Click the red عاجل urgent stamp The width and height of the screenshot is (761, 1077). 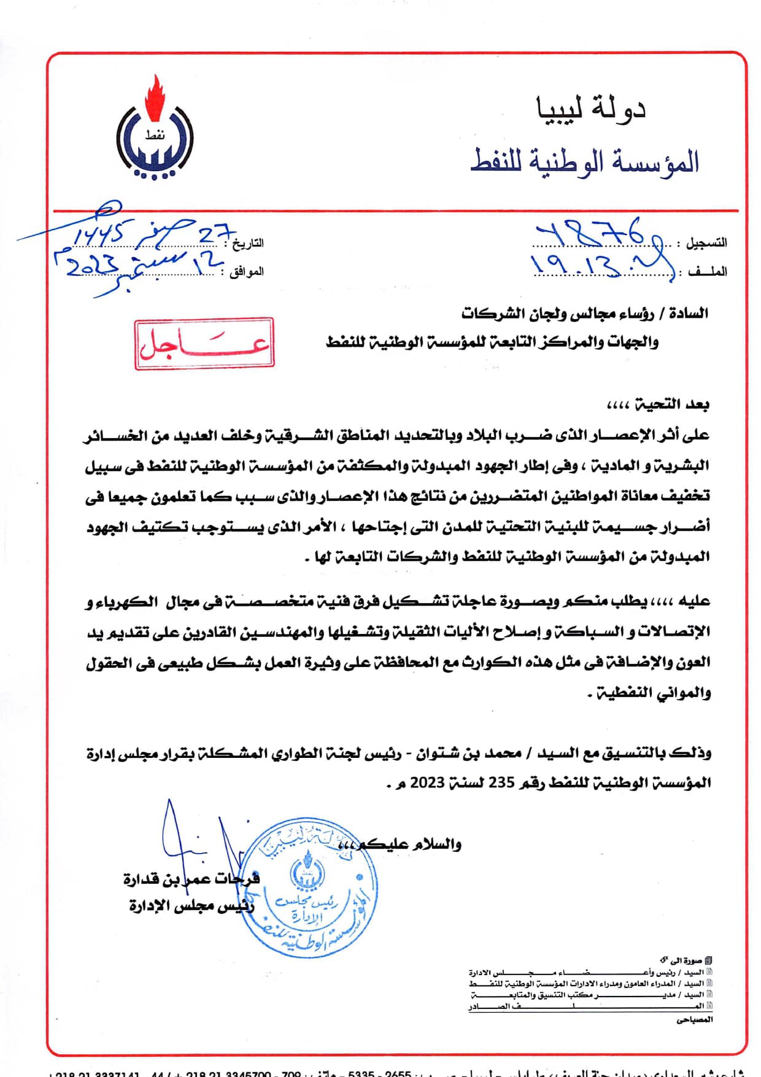coord(204,344)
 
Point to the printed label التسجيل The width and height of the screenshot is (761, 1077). coord(706,243)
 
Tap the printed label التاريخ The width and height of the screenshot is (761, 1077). coord(248,243)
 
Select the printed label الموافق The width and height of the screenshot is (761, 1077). coord(246,271)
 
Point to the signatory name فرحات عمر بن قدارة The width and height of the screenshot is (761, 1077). coord(191,879)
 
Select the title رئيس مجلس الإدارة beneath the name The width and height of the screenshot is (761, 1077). coord(191,906)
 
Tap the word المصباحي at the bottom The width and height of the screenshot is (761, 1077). coord(695,1019)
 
